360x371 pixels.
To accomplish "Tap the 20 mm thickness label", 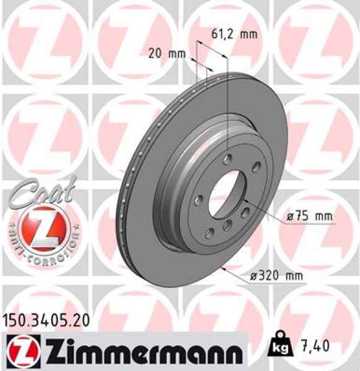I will pyautogui.click(x=166, y=54).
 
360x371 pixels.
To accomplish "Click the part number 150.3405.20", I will pyautogui.click(x=46, y=320).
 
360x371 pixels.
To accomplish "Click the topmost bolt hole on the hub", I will pyautogui.click(x=229, y=158).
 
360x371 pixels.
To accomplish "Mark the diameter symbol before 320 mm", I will pyautogui.click(x=255, y=276).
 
